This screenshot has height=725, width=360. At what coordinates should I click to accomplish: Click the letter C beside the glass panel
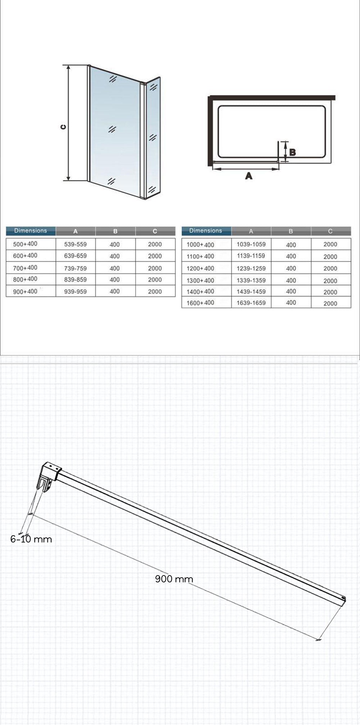pos(63,127)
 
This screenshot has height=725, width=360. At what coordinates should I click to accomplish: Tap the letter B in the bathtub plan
pos(292,152)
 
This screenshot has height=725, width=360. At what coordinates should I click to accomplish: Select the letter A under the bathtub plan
pos(248,176)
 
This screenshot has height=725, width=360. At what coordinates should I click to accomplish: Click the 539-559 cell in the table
pos(75,244)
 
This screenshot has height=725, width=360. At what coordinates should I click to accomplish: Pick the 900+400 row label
pos(25,292)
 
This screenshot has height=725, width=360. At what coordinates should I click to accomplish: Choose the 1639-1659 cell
pos(251,303)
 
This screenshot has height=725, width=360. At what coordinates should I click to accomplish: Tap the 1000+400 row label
pos(200,245)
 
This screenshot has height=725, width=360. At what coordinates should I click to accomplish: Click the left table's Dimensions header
pos(31,231)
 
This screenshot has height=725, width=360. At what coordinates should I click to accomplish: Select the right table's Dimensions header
pos(206,231)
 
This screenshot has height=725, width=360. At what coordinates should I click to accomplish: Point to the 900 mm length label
pos(174,579)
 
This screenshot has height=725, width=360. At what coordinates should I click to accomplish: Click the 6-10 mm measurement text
pos(31,539)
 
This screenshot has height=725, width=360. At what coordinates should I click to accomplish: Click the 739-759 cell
pos(75,268)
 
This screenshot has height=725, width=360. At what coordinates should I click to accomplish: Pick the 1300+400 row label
pos(200,280)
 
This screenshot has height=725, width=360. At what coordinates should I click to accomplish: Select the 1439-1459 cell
pos(251,292)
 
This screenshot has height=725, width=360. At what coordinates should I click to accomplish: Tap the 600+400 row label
pos(25,256)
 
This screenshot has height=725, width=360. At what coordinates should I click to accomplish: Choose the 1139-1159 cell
pos(251,256)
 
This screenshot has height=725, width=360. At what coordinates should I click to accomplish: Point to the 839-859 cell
pos(75,280)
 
